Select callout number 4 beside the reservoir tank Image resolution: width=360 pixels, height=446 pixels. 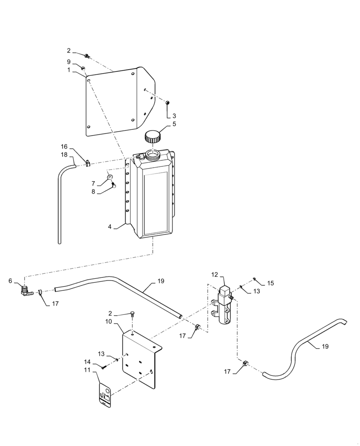click(x=110, y=226)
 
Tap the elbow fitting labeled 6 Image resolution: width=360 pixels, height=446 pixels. click(x=26, y=290)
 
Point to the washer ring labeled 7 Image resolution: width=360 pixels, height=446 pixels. click(x=110, y=177)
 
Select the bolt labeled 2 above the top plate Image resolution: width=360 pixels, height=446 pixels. click(x=87, y=56)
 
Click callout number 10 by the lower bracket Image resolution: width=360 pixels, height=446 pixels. click(x=108, y=321)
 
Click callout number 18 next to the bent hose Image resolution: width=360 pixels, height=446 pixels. click(x=64, y=154)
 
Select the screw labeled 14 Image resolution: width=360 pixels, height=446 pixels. click(x=104, y=367)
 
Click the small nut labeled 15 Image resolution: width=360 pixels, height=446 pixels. click(x=254, y=279)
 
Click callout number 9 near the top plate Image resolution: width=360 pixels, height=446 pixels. click(x=69, y=62)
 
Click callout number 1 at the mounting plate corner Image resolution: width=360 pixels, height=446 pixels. click(x=69, y=70)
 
